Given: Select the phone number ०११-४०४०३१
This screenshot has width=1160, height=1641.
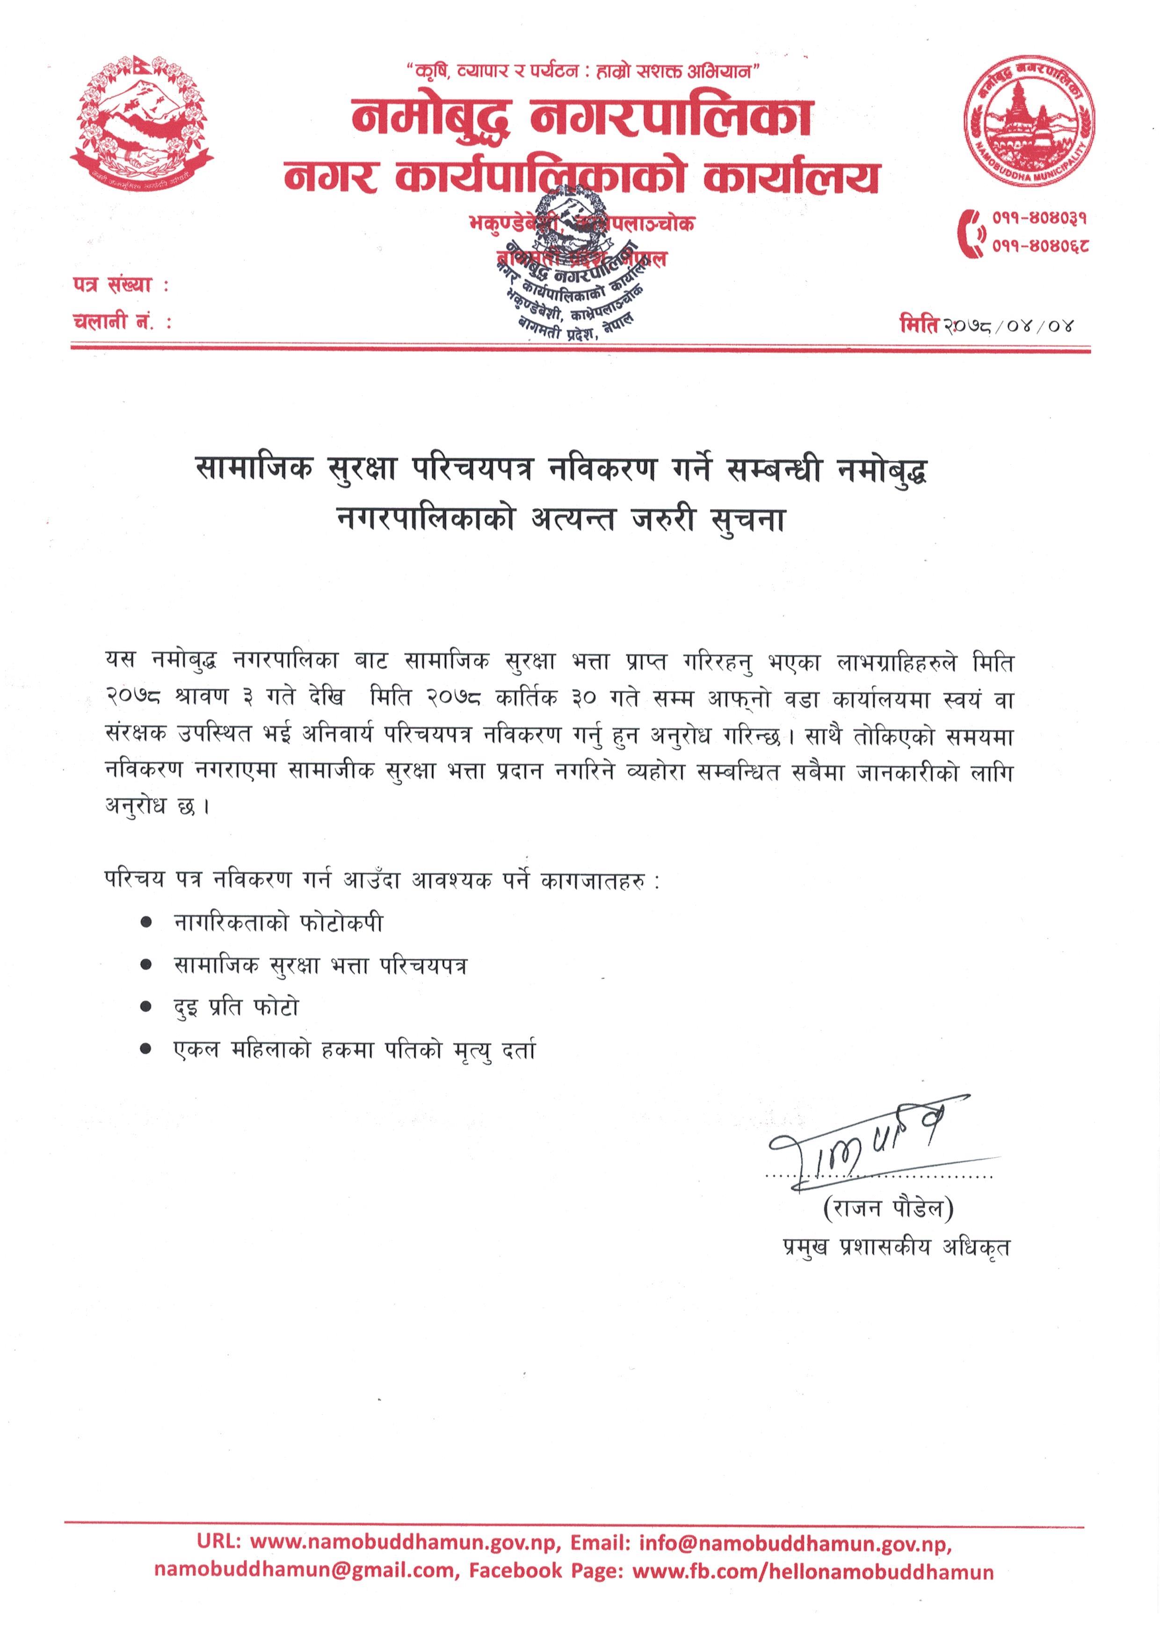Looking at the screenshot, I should [x=1039, y=218].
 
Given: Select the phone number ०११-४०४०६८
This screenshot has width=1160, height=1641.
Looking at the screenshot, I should [x=1039, y=247].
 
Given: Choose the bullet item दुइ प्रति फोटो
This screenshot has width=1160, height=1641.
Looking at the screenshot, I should [x=236, y=1008].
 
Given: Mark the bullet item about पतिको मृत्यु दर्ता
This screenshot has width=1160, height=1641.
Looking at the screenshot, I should [x=354, y=1050].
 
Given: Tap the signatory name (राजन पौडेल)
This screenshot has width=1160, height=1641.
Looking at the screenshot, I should [x=889, y=1208].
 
